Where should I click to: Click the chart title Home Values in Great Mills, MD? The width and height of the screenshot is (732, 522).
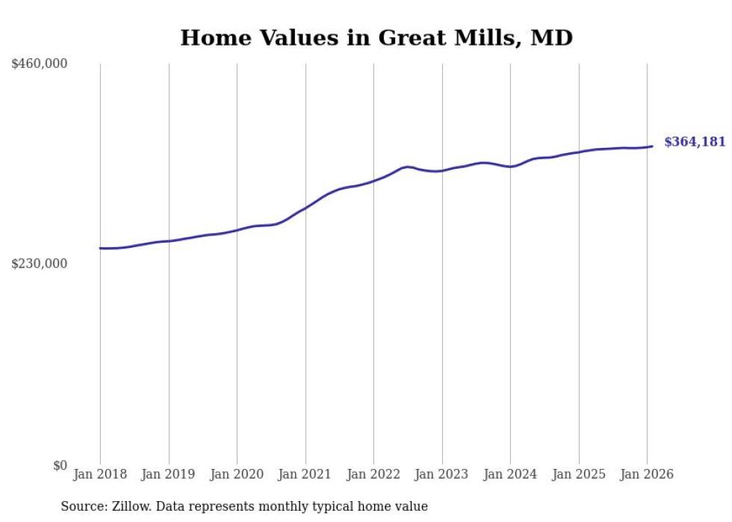(x=376, y=37)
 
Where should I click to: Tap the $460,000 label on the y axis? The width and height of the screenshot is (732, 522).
(x=40, y=64)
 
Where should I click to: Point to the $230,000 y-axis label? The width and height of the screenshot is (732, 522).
(x=40, y=264)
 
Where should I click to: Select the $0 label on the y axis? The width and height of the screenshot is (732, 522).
(x=60, y=465)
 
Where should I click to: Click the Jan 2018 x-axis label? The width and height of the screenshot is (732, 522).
(x=100, y=474)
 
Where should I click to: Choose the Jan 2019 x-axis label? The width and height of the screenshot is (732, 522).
(x=168, y=474)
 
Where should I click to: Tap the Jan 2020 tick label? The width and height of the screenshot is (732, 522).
(x=237, y=474)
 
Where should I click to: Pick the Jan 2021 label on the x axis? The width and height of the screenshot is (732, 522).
(x=305, y=474)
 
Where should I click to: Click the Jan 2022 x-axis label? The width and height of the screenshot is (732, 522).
(x=373, y=474)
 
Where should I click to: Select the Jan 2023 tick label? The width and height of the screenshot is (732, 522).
(x=441, y=474)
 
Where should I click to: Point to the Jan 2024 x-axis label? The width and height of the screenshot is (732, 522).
(x=510, y=474)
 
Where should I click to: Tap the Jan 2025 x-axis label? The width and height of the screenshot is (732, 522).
(x=578, y=474)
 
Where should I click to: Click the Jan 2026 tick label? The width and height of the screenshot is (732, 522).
(x=647, y=474)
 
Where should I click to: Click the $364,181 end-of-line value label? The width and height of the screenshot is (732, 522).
(x=695, y=142)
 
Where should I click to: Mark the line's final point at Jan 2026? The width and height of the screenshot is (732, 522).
(x=652, y=146)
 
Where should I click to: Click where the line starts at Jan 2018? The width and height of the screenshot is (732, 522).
(x=100, y=248)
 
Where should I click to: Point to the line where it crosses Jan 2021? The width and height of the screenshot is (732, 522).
(x=305, y=207)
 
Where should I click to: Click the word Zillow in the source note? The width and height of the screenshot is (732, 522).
(x=130, y=506)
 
